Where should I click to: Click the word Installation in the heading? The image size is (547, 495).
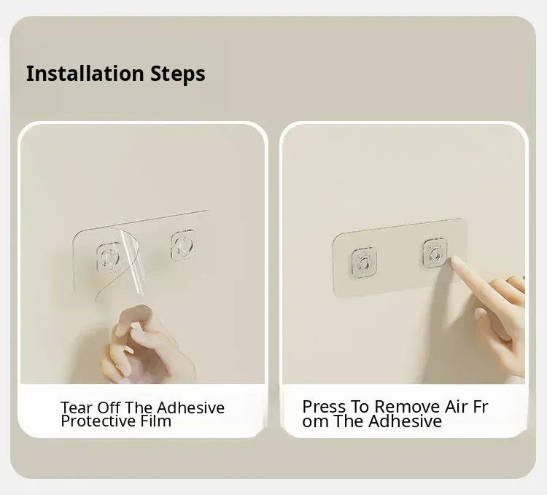[85, 74]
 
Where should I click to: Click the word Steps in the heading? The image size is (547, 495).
[178, 74]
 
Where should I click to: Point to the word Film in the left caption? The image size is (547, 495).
[156, 421]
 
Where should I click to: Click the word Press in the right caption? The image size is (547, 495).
[324, 407]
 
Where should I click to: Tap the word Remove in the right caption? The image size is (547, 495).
[407, 407]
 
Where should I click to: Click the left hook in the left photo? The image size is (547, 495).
[109, 257]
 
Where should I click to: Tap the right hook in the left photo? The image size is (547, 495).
[183, 245]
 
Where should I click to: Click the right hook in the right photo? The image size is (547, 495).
[435, 253]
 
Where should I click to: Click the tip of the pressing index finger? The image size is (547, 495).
[454, 260]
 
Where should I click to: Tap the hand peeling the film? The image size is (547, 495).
[147, 345]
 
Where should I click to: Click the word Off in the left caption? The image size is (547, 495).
[109, 408]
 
